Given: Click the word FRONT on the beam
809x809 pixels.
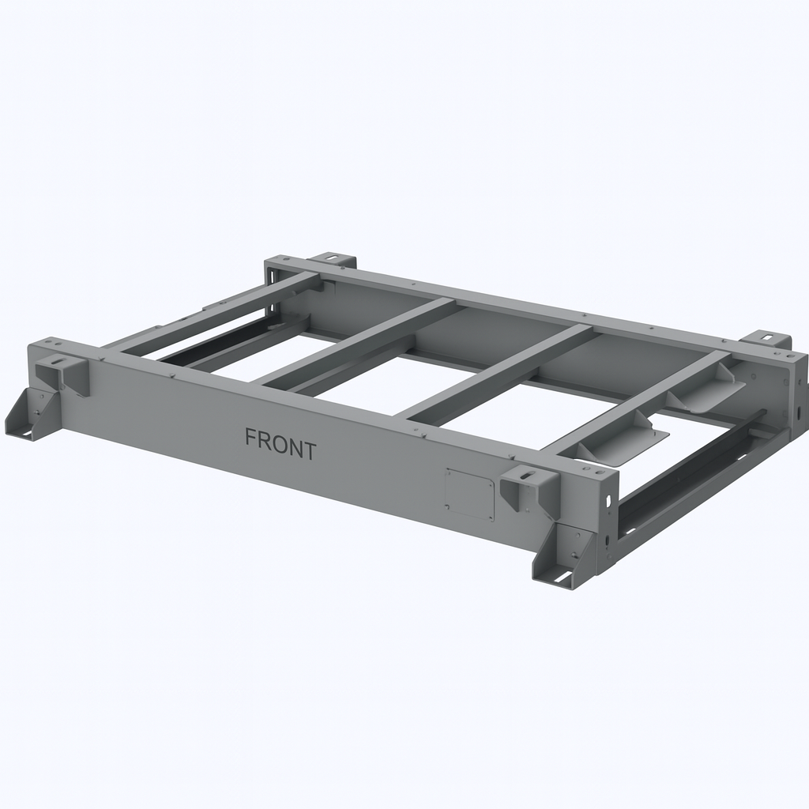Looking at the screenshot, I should tap(280, 444).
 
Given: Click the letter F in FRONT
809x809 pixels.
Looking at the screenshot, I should tap(250, 438).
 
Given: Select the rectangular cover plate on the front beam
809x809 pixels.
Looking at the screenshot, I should tap(469, 494).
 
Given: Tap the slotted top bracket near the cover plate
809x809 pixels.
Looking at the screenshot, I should tap(529, 485).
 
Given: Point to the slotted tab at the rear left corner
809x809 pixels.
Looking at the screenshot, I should tap(333, 260).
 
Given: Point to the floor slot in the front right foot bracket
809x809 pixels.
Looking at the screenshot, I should tap(563, 578).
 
